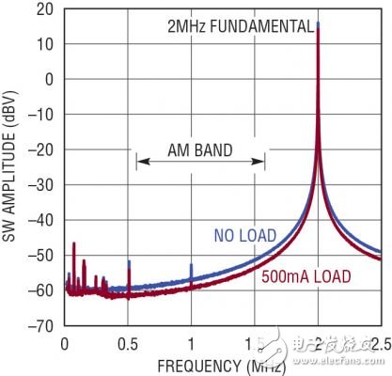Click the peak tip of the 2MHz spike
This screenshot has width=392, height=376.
click(319, 23)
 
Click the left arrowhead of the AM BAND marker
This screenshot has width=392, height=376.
click(139, 162)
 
